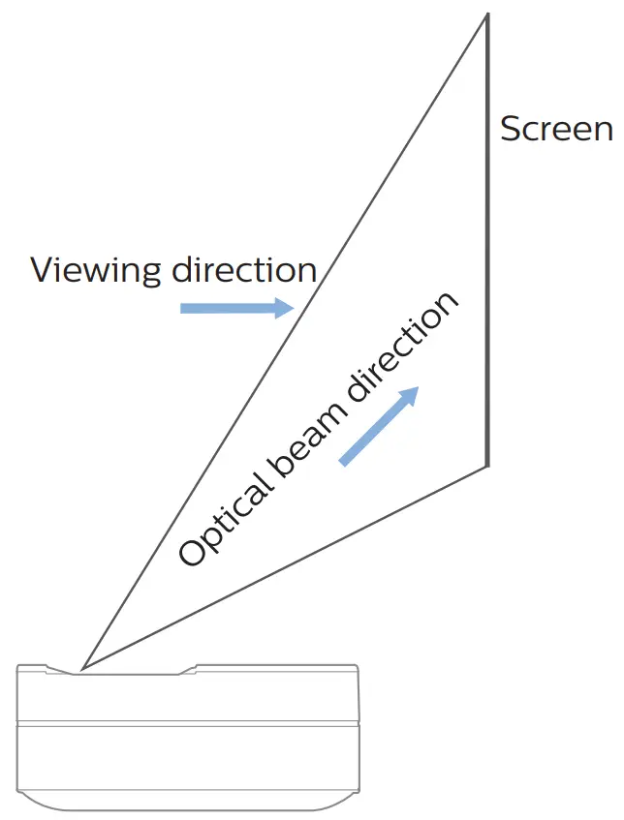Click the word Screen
point(556,129)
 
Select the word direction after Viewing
point(244,269)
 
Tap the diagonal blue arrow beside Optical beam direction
point(379,425)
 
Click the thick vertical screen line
point(486,242)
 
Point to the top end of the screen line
point(486,15)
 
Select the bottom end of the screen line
point(486,466)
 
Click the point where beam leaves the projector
point(82,668)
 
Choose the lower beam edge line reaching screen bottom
point(291,565)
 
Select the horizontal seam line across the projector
point(188,722)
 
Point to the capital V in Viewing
point(43,269)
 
